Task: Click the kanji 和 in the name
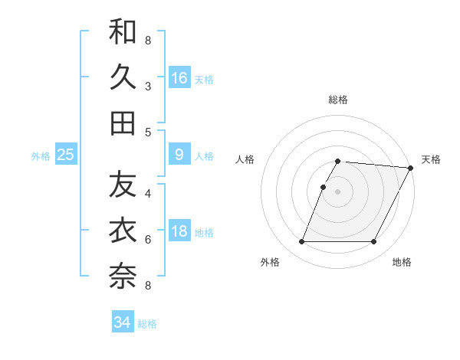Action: coord(123,31)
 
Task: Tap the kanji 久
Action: coord(123,77)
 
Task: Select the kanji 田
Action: coord(123,123)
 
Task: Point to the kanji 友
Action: coord(123,185)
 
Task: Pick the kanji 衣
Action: coord(123,231)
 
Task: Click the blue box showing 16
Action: coord(179,77)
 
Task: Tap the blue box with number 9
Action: coord(179,155)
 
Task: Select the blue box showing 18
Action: coord(179,231)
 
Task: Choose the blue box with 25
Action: coord(66,155)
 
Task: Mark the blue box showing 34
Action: coord(123,322)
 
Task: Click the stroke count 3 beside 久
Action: coord(148,86)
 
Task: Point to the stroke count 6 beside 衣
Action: coord(148,240)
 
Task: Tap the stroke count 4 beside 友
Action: coord(148,193)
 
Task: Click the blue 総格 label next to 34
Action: coord(147,324)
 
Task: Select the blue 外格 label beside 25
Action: coord(41,156)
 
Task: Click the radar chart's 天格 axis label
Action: coord(431,159)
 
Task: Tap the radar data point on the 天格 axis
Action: coord(411,168)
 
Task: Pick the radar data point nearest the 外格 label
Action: coord(301,242)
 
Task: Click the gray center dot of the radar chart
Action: coord(338,191)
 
